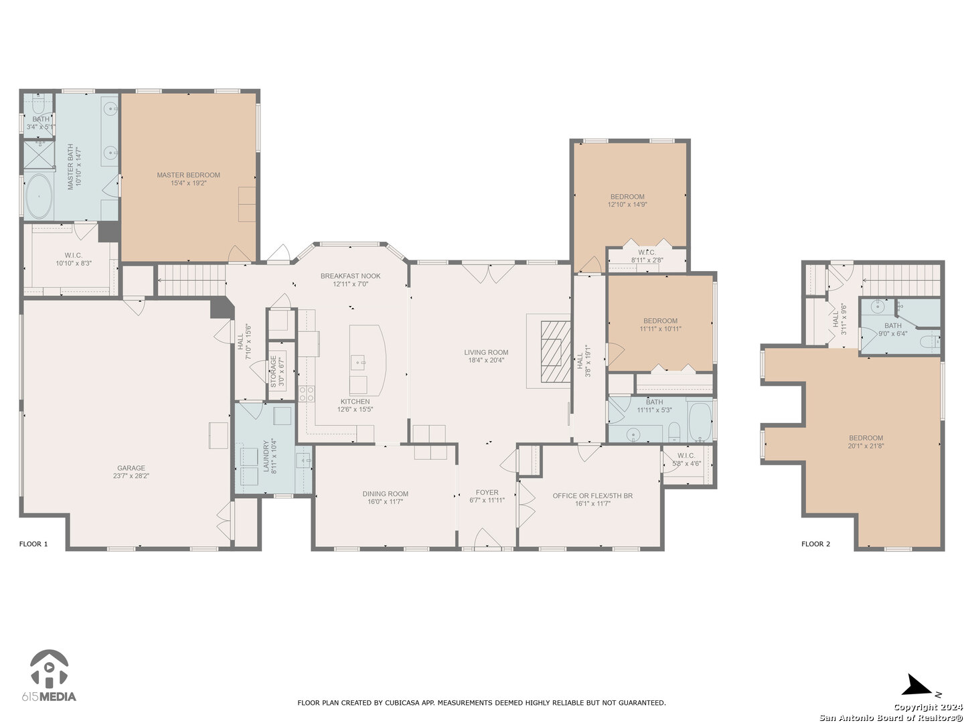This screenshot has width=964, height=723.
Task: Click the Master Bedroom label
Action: [188, 175]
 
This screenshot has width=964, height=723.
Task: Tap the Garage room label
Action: [131, 468]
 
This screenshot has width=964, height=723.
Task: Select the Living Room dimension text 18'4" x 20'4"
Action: [486, 360]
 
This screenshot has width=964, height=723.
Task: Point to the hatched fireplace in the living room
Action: [555, 351]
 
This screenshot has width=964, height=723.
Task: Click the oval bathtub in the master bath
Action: [39, 197]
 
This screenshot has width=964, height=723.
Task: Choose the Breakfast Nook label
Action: [350, 276]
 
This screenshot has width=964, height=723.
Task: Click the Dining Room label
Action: [385, 494]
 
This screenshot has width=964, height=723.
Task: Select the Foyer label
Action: [487, 493]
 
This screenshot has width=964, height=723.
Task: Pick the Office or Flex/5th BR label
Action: [592, 495]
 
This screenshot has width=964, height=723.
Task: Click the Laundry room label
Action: [266, 456]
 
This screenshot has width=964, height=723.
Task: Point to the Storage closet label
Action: [273, 372]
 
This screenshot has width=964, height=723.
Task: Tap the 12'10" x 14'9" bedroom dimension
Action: [627, 205]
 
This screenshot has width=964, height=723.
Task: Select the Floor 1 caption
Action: [33, 544]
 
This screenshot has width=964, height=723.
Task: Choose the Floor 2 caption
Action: [815, 544]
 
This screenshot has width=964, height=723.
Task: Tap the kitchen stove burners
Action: [307, 394]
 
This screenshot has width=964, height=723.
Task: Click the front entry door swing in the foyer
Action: [487, 538]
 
